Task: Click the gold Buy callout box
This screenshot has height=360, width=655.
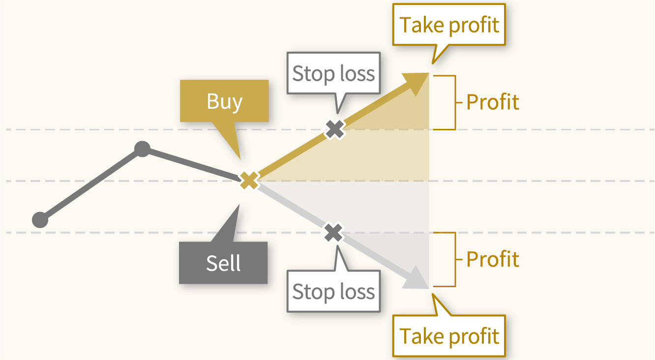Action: point(224,101)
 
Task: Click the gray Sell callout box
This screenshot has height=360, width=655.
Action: point(223,263)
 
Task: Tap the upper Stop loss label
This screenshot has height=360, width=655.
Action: point(333,73)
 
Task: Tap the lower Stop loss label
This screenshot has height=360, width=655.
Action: point(333,291)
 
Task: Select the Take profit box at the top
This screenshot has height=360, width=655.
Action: point(449,25)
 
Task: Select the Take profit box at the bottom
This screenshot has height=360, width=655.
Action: point(449,336)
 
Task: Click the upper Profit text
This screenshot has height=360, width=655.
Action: point(493,102)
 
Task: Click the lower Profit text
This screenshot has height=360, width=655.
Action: point(493,259)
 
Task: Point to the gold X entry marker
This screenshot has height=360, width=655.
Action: point(249,180)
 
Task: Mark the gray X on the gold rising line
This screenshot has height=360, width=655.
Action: point(335,129)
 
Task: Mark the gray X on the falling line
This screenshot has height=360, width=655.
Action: point(333,233)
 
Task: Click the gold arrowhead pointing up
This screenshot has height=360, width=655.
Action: point(417,83)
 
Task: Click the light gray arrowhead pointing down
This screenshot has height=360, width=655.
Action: point(417,279)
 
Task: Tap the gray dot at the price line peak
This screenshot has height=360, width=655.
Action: point(142,149)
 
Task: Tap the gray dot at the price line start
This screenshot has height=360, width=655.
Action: point(40,220)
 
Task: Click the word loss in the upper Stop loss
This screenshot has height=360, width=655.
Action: point(357,73)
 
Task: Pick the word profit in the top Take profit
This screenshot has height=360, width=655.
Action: point(474,26)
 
